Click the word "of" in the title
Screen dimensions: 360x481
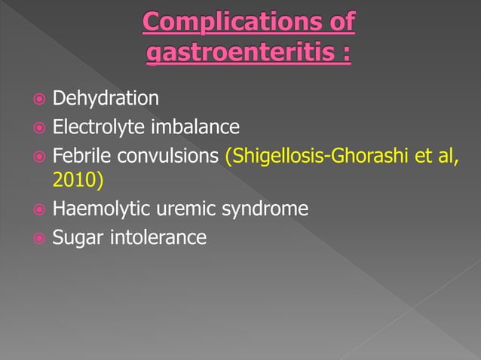point(335,23)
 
